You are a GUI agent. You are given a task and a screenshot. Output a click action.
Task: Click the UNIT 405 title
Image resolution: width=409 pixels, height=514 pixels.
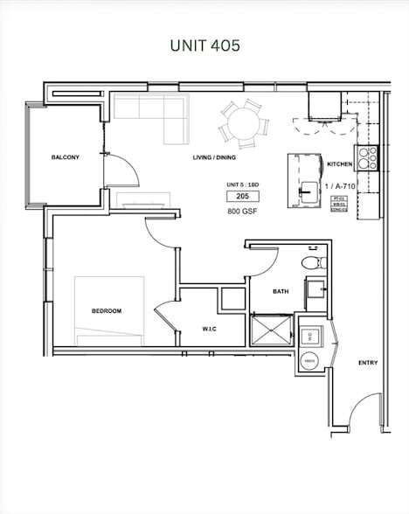[x=204, y=45]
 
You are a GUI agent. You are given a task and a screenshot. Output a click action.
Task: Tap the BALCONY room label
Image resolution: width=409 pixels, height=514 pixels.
[x=66, y=157]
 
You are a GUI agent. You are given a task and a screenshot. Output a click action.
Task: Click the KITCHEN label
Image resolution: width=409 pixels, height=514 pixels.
[x=340, y=164]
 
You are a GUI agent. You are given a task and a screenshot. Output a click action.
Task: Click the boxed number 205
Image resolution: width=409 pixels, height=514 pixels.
[x=242, y=198]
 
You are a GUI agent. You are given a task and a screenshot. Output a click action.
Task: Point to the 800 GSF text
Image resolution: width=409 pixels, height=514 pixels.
[x=242, y=212]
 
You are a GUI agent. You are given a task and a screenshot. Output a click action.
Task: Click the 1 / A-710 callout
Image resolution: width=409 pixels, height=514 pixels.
[x=340, y=186]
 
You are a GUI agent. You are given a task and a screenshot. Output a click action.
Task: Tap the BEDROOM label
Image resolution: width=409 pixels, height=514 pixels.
[x=106, y=311]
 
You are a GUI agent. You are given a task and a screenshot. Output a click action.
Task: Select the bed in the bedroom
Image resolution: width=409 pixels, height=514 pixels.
[x=109, y=310]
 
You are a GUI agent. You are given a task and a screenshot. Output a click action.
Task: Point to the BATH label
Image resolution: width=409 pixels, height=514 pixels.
[x=281, y=292]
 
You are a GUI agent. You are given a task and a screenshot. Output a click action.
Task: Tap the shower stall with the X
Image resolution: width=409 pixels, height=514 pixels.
[x=272, y=330]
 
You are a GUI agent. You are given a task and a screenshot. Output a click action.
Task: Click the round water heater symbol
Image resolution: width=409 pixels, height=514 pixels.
[x=308, y=360]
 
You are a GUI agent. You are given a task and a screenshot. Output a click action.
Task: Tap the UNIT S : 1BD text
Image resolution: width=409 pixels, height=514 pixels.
[x=242, y=185]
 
